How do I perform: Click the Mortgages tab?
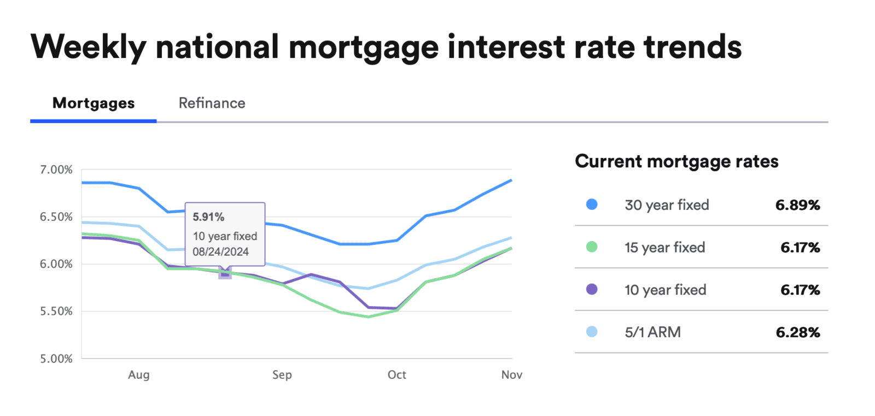click(94, 103)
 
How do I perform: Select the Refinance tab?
click(212, 103)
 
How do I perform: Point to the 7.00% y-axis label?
click(56, 170)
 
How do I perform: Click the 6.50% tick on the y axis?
click(56, 217)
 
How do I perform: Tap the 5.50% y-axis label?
click(56, 312)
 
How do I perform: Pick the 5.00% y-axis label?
click(56, 359)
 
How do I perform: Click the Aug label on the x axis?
click(138, 375)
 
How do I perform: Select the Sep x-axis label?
click(282, 375)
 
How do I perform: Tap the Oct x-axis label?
click(396, 375)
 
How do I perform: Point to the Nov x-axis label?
click(511, 375)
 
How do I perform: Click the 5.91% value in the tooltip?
click(208, 217)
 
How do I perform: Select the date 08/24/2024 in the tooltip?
click(220, 252)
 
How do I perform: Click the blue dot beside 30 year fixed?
click(592, 204)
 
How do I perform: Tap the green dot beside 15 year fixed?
click(592, 247)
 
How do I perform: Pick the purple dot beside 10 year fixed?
click(592, 289)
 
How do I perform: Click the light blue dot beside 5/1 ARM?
click(592, 332)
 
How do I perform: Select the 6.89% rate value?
click(797, 206)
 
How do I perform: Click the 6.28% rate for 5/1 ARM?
click(797, 332)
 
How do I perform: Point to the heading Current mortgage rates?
click(676, 162)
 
